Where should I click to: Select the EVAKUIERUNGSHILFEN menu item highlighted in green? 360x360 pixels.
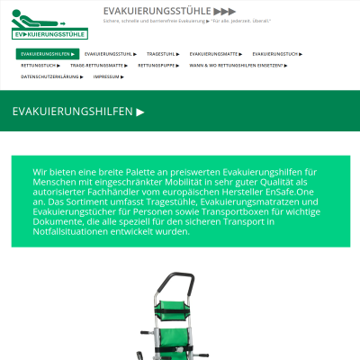[x=47, y=54]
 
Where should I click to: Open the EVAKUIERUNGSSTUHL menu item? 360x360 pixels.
[x=111, y=54]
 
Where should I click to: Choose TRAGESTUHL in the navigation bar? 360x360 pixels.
[x=163, y=54]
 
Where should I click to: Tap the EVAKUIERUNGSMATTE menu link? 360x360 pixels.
[x=215, y=54]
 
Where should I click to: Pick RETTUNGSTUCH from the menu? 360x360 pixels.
[x=40, y=66]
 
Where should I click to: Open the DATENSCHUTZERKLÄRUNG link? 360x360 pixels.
[x=51, y=77]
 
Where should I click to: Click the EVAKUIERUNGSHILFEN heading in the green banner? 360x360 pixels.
[x=77, y=112]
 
